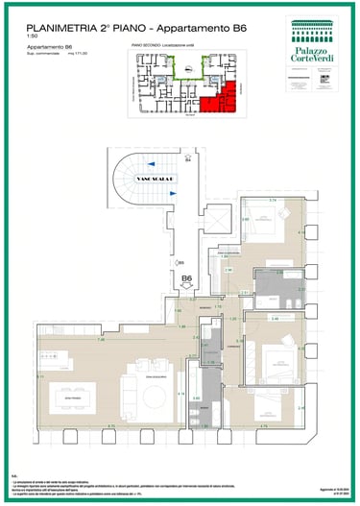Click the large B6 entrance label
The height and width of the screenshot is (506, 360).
coord(188,279)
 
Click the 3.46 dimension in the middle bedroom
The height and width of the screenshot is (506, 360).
coord(275,317)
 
